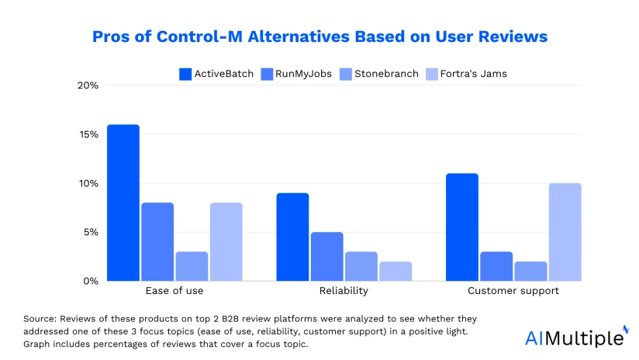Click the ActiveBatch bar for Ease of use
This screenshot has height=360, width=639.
(x=123, y=202)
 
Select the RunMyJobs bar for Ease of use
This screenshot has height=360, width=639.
(x=157, y=241)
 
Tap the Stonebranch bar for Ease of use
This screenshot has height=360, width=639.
(x=192, y=266)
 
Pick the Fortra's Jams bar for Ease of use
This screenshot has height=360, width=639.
(x=226, y=241)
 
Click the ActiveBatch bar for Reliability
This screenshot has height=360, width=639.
(x=292, y=237)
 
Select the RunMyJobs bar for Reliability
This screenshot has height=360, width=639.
(x=326, y=256)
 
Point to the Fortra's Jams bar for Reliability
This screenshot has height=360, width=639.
(x=395, y=271)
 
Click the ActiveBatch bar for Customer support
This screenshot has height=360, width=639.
(x=461, y=227)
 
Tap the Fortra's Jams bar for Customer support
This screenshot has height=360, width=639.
(x=565, y=232)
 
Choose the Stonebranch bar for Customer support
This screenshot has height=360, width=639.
(x=530, y=271)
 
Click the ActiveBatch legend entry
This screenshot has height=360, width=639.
(x=216, y=74)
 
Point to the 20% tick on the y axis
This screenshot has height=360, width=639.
(x=88, y=85)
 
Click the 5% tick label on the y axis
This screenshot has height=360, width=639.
(x=90, y=232)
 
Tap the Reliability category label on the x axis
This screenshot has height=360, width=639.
(x=344, y=292)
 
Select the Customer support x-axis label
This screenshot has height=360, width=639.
(x=513, y=292)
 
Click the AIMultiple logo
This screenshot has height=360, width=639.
(x=575, y=337)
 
